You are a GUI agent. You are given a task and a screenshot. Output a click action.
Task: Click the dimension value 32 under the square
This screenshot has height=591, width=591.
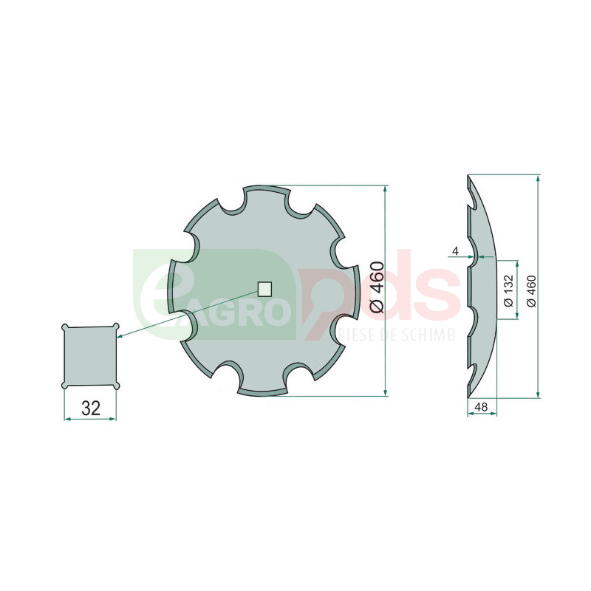[x=91, y=408]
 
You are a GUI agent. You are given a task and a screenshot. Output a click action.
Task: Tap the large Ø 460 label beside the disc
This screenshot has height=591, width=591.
[x=377, y=287]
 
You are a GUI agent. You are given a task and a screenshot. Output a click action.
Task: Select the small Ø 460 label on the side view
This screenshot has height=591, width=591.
[x=531, y=291]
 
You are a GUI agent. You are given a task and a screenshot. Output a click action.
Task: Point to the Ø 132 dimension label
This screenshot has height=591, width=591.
[x=508, y=290]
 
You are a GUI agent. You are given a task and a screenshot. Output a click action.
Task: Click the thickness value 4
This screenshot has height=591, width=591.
[x=456, y=250]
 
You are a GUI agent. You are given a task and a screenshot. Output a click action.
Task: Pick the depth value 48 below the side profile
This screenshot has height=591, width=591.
[x=482, y=407]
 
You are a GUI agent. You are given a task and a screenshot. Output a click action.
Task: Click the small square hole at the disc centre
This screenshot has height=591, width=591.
[x=264, y=289]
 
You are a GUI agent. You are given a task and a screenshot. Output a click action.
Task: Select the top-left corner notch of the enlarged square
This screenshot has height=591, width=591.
[x=65, y=327]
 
